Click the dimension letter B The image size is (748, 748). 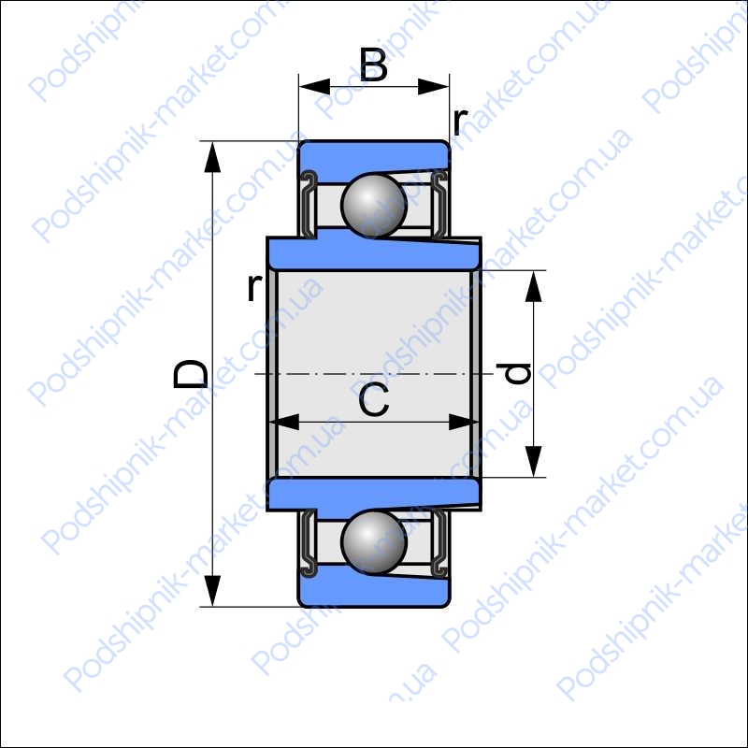click(373, 65)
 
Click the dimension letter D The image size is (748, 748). click(191, 373)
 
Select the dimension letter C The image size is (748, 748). click(374, 399)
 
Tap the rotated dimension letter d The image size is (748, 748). click(513, 373)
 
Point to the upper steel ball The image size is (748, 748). click(374, 206)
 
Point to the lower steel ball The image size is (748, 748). click(374, 541)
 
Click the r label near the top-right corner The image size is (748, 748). click(460, 121)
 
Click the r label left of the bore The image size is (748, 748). click(254, 287)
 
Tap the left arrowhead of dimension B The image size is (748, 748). click(314, 87)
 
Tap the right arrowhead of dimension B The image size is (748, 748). click(433, 87)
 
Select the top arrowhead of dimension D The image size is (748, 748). click(212, 157)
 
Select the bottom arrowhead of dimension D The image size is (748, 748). click(212, 591)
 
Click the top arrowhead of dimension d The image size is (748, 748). click(533, 286)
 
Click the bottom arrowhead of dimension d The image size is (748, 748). click(533, 461)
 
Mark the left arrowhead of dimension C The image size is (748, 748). click(284, 423)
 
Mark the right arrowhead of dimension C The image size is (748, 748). click(464, 423)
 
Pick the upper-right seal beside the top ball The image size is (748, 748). click(439, 204)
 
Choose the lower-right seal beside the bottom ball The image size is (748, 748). click(439, 543)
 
